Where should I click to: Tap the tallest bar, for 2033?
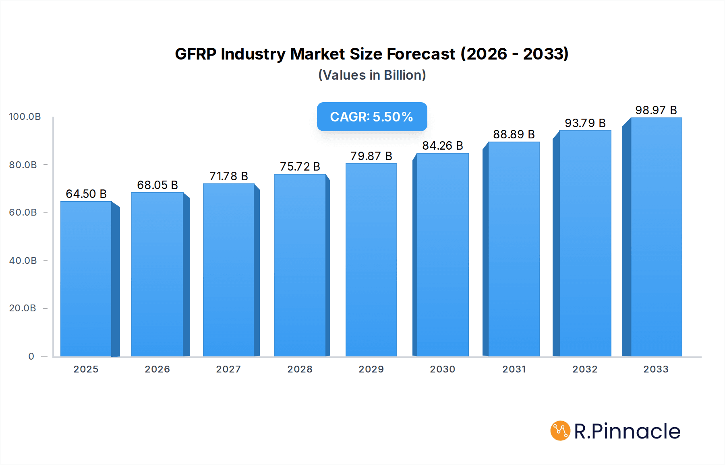click(x=656, y=237)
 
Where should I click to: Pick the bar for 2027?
click(x=228, y=270)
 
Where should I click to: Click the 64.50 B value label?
click(x=86, y=194)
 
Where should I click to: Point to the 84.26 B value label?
click(x=442, y=146)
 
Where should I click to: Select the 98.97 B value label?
click(x=656, y=110)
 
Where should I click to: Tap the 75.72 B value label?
click(x=300, y=167)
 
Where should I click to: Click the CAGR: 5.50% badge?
click(x=372, y=117)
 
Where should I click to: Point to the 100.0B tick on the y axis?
click(x=25, y=117)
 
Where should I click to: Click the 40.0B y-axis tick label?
click(x=23, y=261)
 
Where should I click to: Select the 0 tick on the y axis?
click(x=31, y=356)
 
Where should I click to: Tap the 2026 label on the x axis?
click(x=157, y=369)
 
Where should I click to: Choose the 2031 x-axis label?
click(x=514, y=369)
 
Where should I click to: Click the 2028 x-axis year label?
click(x=300, y=369)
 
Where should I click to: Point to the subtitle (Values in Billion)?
click(x=372, y=75)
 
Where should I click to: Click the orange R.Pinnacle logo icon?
click(x=560, y=431)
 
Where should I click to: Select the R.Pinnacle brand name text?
click(x=627, y=431)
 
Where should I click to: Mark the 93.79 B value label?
click(x=585, y=123)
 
